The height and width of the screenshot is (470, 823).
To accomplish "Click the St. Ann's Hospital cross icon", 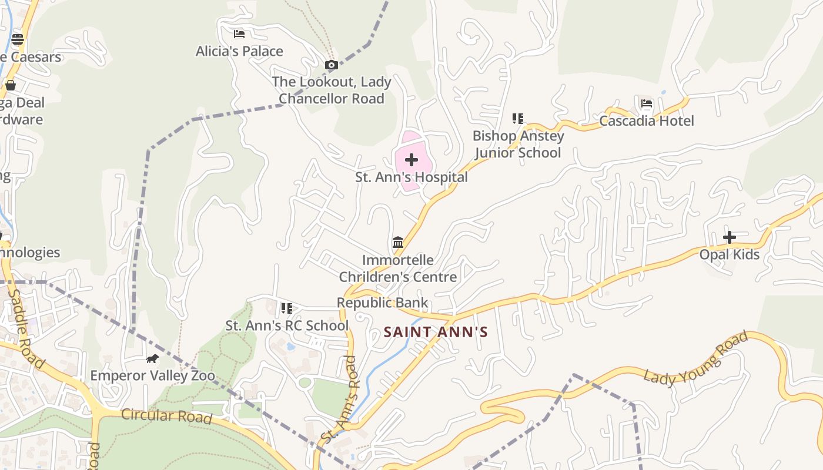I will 411,160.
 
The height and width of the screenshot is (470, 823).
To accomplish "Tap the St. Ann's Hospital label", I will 411,177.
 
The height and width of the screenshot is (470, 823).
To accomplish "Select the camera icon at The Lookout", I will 332,65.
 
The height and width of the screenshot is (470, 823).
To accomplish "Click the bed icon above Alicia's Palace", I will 239,34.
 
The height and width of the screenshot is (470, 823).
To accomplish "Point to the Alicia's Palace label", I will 239,51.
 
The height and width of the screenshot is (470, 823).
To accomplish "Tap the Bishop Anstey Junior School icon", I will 517,119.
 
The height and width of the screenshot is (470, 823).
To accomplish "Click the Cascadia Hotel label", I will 647,121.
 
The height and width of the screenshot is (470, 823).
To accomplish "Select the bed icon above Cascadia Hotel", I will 647,105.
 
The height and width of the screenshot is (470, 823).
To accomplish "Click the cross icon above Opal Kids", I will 730,237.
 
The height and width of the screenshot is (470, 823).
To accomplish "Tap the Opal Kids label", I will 730,254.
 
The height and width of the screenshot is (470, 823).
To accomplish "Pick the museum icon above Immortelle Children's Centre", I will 398,242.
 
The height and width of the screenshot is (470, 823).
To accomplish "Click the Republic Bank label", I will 382,303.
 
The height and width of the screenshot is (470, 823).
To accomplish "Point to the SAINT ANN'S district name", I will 436,333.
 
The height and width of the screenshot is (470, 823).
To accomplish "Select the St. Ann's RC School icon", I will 287,308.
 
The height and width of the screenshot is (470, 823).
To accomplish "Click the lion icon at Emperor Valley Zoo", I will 152,358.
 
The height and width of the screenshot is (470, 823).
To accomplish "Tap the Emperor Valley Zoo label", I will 152,375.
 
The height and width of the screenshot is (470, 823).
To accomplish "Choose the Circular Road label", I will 166,416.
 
